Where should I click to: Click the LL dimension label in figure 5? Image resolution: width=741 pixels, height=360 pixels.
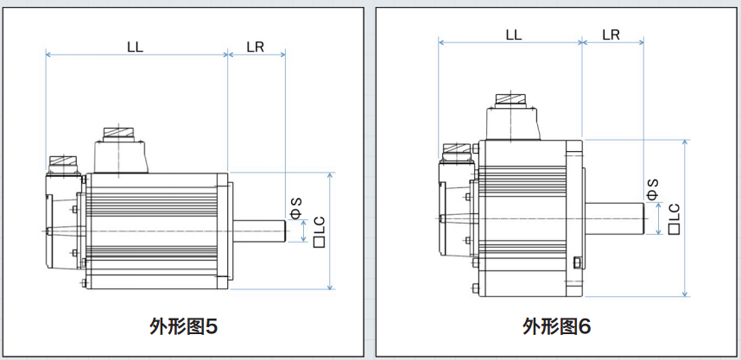[134, 47]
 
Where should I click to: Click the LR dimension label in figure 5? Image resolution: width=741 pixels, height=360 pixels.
[255, 47]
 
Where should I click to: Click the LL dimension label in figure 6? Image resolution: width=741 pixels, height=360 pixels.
[513, 35]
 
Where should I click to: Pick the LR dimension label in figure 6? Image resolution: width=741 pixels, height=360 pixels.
[611, 35]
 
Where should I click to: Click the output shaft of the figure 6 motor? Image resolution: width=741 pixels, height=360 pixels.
[615, 217]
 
